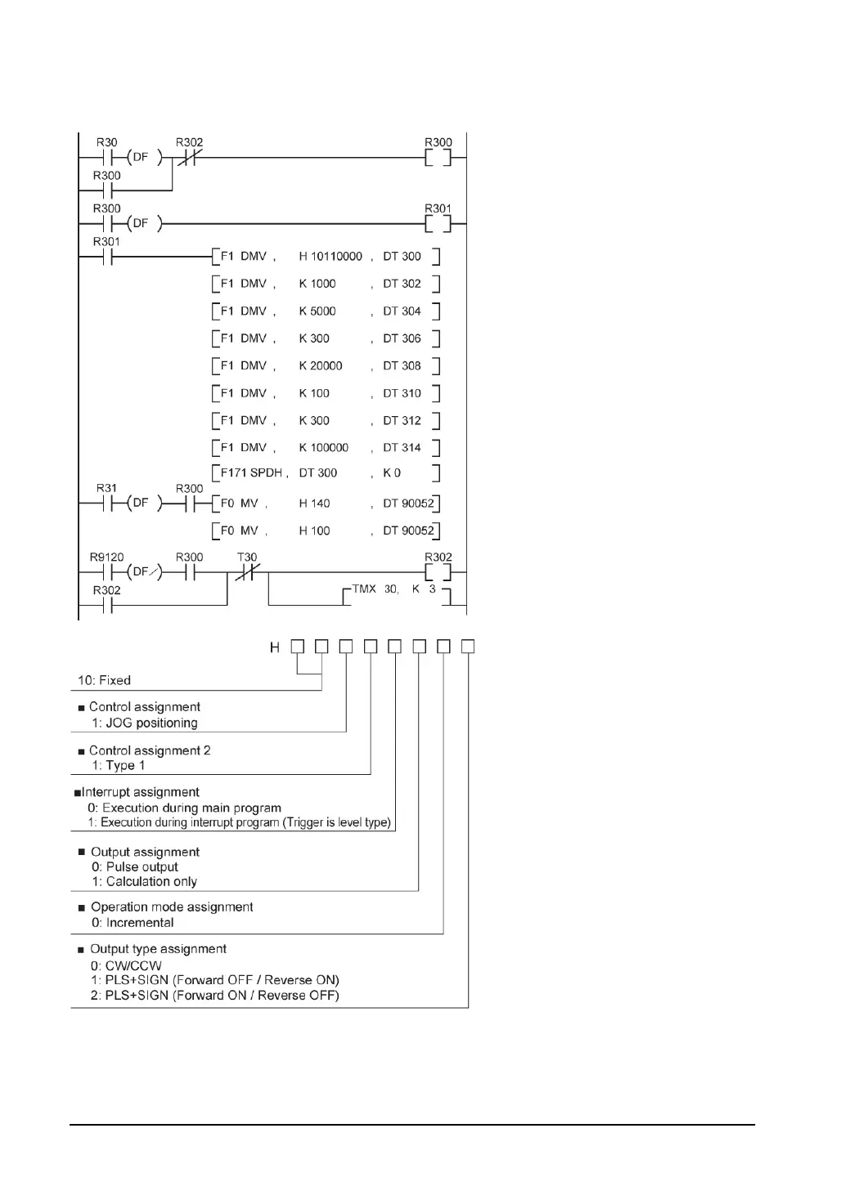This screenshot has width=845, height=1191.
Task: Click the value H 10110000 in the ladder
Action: pos(330,257)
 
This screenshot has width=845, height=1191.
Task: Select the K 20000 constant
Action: pos(321,366)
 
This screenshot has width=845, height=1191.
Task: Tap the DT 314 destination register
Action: pos(402,448)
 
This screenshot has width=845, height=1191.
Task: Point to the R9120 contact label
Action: pos(106,557)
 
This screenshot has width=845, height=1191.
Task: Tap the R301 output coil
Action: pos(438,223)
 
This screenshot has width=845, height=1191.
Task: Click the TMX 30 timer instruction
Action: pos(375,589)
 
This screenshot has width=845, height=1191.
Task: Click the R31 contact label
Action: pos(106,489)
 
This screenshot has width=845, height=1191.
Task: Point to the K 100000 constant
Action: pos(324,448)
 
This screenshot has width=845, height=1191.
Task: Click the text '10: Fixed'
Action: pos(104,680)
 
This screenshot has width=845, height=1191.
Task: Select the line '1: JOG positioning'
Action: pos(145,723)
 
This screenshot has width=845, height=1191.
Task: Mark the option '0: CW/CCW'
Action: pos(127,965)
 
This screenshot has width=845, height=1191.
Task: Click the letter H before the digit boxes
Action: pos(275,647)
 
